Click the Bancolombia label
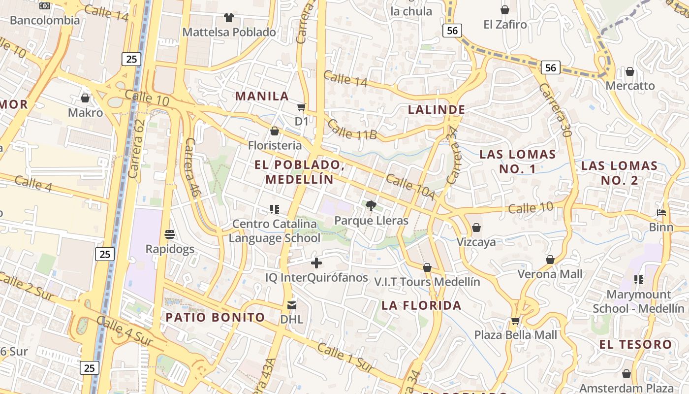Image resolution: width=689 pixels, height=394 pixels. [45, 20]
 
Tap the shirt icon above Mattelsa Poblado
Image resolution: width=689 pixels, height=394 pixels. [229, 18]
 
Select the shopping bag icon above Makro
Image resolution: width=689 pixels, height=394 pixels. [85, 98]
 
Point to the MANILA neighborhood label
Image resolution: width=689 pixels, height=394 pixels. [262, 96]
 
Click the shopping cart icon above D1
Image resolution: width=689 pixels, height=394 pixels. [301, 107]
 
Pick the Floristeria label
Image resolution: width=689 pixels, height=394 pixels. [275, 145]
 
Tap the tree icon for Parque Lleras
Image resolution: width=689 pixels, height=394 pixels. [371, 206]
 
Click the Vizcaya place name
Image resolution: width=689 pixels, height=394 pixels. [476, 242]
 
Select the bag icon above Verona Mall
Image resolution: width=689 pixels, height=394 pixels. [550, 260]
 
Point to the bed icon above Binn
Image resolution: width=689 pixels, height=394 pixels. [661, 213]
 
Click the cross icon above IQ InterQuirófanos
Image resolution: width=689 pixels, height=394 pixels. [316, 263]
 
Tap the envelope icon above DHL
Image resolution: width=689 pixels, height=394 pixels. [292, 305]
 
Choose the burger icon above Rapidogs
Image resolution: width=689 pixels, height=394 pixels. [170, 234]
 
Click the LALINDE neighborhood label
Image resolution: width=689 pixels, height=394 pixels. [437, 109]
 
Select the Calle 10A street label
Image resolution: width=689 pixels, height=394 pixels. [410, 187]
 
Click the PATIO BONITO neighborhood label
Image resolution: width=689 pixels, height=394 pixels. [215, 317]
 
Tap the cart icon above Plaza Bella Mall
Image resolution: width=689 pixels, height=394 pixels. [515, 321]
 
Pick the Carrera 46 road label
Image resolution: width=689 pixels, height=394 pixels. [191, 167]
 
